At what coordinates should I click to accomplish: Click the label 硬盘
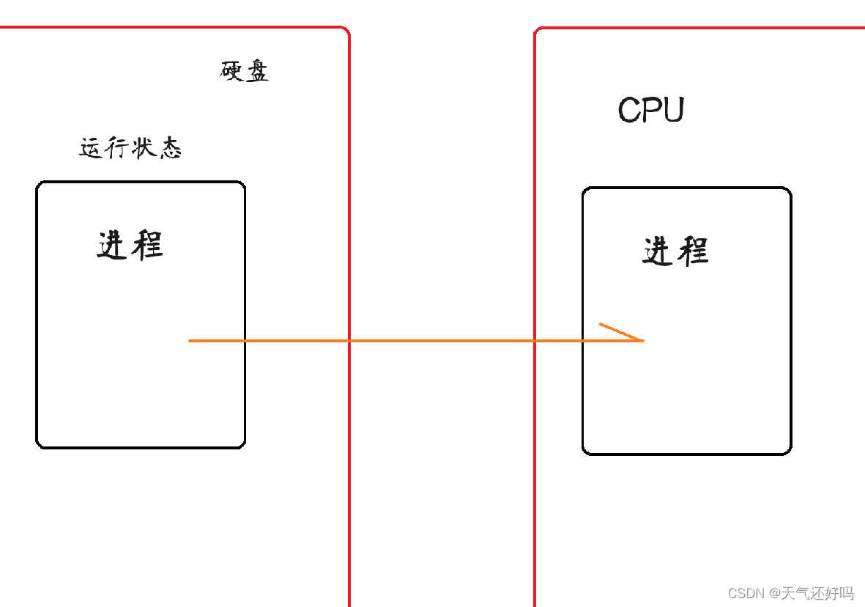point(245,71)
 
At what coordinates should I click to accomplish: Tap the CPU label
point(651,111)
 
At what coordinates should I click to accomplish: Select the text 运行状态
point(130,149)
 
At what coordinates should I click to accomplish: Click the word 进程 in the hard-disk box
point(130,245)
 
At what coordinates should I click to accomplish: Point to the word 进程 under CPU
point(675,251)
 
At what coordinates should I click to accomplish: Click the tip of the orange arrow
point(642,340)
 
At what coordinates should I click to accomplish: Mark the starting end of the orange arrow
point(190,340)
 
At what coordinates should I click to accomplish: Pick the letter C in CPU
point(629,111)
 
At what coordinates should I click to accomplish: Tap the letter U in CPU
point(673,111)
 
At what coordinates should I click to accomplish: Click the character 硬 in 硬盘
point(232,71)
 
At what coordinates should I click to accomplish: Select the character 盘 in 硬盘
point(256,71)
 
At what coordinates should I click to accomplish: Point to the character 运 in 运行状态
point(92,149)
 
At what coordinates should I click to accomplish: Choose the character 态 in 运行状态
point(170,149)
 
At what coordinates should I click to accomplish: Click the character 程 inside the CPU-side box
point(692,251)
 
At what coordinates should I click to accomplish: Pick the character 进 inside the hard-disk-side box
point(114,245)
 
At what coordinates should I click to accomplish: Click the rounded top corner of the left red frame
point(344,32)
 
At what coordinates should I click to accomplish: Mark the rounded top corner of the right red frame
point(539,32)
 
